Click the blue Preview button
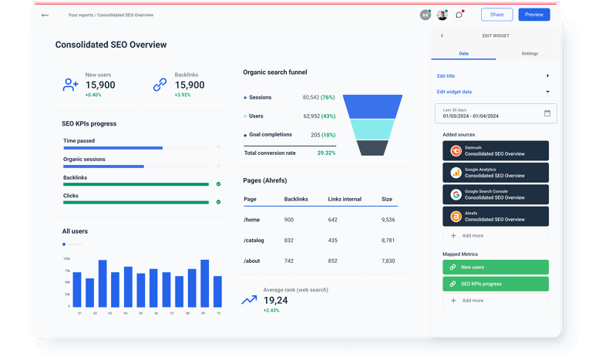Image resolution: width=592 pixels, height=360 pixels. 533,15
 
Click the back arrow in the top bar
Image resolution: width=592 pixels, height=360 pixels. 45,15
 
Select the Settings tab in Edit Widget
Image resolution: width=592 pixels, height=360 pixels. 530,53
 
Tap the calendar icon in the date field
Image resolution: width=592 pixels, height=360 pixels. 547,113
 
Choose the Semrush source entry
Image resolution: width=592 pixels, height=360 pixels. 496,151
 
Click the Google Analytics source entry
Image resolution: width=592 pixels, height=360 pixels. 496,173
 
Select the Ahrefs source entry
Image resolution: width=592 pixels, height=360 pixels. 496,217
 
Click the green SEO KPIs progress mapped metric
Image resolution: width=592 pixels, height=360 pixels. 496,284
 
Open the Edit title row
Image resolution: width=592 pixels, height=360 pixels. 493,76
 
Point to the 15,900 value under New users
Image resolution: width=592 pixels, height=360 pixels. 100,85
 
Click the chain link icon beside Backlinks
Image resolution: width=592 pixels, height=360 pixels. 160,85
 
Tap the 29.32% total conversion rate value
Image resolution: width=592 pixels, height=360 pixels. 326,153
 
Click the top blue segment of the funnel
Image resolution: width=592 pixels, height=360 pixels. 372,106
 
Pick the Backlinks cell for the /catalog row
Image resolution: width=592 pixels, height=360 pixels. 288,241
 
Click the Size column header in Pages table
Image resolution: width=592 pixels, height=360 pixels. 386,199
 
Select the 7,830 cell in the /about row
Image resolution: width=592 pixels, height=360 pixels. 388,261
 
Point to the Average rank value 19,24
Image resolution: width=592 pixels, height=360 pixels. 276,300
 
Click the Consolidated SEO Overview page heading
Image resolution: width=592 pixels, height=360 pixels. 110,45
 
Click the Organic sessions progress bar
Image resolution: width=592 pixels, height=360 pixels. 136,167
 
